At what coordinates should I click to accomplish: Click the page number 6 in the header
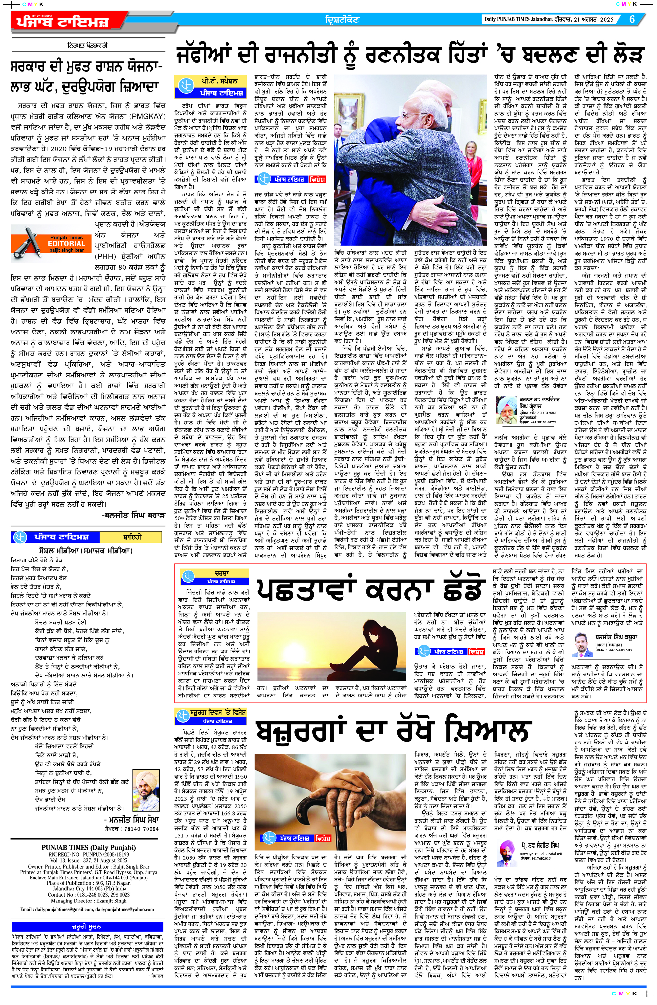pos(632,19)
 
